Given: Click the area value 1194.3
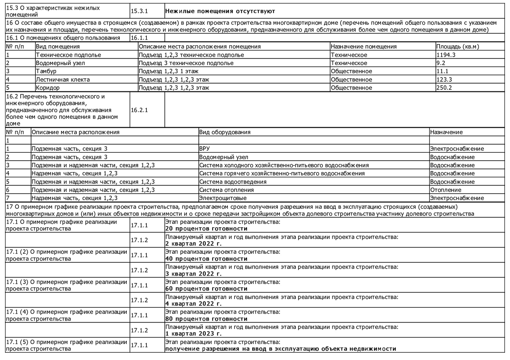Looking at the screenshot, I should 446,55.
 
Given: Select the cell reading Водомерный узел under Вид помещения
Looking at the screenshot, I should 60,63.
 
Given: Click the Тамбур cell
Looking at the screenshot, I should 46,71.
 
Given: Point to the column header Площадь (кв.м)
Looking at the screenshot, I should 458,47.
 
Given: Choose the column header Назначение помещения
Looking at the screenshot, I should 364,47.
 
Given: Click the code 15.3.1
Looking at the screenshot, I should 139,11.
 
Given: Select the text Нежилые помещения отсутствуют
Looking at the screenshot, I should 220,11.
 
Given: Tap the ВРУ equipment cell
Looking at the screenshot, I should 204,149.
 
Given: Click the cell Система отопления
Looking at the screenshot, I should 226,190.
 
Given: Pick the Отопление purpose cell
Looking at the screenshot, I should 446,190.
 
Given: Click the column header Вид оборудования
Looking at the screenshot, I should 225,132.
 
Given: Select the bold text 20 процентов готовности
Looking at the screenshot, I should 206,229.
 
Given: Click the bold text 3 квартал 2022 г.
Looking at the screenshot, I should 193,274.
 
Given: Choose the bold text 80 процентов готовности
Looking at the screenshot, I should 206,319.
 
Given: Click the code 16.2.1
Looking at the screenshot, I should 139,110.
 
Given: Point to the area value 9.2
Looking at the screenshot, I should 441,63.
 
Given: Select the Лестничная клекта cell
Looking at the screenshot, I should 63,80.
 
